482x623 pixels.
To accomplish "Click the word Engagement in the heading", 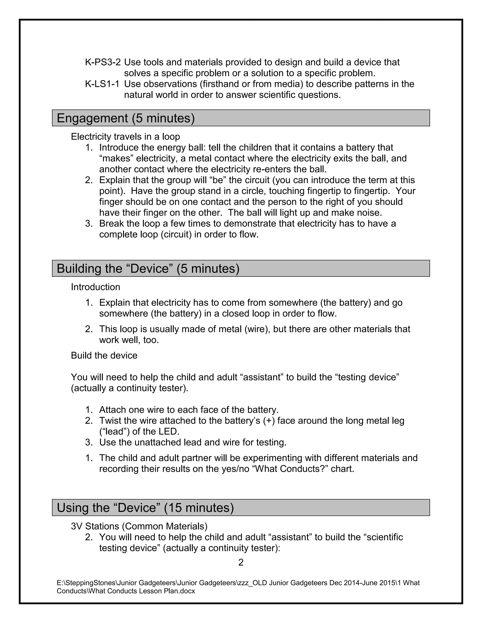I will tap(92, 118).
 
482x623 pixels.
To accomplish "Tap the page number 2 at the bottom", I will tap(241, 562).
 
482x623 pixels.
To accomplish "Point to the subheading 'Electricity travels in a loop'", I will tap(125, 137).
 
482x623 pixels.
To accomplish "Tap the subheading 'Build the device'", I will tap(104, 355).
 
